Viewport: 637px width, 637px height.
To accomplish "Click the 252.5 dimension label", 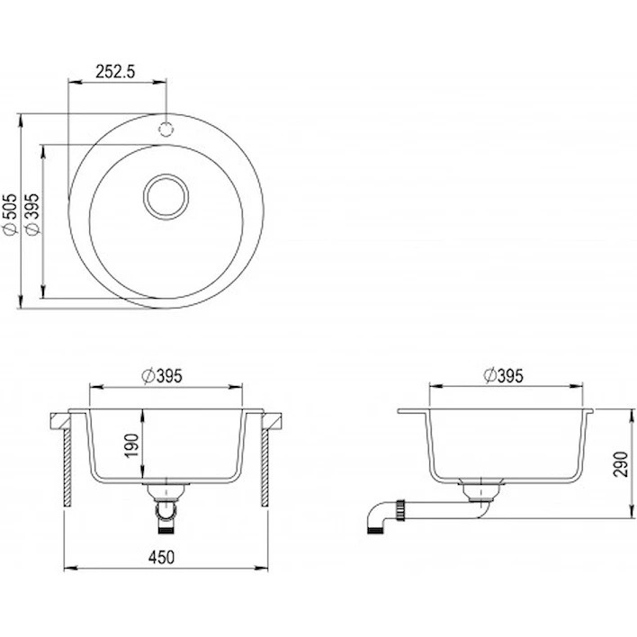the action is pyautogui.click(x=115, y=71).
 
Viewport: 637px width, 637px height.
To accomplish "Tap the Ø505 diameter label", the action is pyautogui.click(x=11, y=214).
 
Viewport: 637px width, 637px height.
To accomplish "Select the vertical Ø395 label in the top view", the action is pyautogui.click(x=32, y=214).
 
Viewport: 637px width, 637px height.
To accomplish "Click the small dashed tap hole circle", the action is pyautogui.click(x=166, y=129).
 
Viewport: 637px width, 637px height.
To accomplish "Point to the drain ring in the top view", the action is pyautogui.click(x=166, y=175).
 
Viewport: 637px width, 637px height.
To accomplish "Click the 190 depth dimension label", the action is pyautogui.click(x=132, y=446).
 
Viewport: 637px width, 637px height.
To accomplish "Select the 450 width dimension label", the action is pyautogui.click(x=162, y=558).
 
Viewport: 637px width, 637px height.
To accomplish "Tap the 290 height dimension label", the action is pyautogui.click(x=620, y=464).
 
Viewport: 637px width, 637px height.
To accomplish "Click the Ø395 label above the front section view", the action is pyautogui.click(x=162, y=376).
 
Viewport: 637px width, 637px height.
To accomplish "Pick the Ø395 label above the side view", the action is pyautogui.click(x=503, y=376).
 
